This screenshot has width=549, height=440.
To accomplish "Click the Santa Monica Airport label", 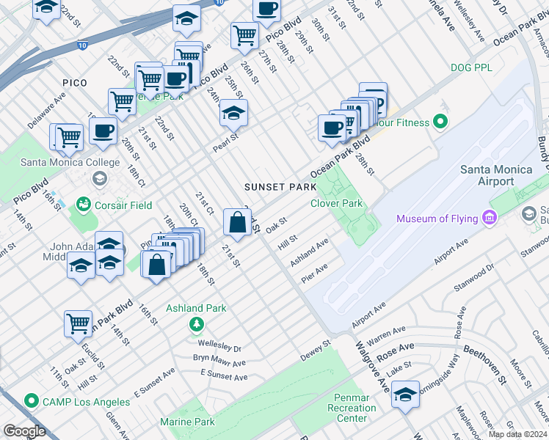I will (x=496, y=175).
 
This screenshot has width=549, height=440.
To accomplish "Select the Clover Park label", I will (x=337, y=203).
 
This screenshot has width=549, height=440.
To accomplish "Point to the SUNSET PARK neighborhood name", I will (x=280, y=187).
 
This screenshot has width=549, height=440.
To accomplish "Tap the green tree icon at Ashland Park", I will (x=196, y=323).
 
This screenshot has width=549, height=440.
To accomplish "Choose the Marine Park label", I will (x=187, y=422).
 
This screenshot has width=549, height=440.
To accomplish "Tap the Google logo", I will (x=24, y=431).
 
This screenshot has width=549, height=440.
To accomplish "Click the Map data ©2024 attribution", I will (x=517, y=434).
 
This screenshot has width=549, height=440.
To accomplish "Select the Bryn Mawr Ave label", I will (x=219, y=362).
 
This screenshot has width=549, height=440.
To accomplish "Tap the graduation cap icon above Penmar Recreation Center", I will (x=405, y=394).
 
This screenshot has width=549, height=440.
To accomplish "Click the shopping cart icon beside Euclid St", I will (x=78, y=323).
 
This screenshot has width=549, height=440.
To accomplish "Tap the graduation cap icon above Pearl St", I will (x=233, y=112).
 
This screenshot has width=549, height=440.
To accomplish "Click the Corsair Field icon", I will (x=82, y=205).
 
